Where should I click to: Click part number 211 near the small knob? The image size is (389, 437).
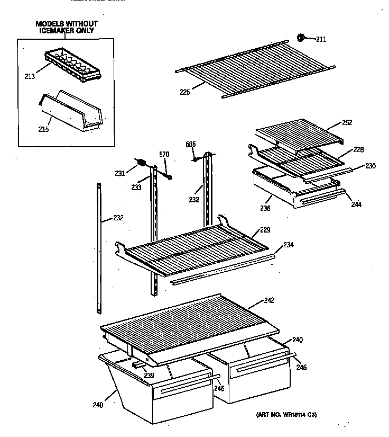coord(322,38)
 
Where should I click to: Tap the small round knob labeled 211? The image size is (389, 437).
coord(301,37)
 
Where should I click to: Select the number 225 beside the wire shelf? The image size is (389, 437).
coord(184,91)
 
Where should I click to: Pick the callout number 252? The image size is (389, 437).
coord(347,123)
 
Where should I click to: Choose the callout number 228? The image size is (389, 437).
coord(358,150)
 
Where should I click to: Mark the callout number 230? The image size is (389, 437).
coord(370,166)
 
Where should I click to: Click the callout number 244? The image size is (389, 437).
coord(356,204)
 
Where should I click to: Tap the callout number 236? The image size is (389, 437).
coord(265,208)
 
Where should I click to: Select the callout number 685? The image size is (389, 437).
coord(190,144)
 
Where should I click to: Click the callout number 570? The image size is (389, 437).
coord(164,154)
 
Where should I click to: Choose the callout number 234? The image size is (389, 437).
coord(289,245)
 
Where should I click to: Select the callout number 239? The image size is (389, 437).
coord(150,376)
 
